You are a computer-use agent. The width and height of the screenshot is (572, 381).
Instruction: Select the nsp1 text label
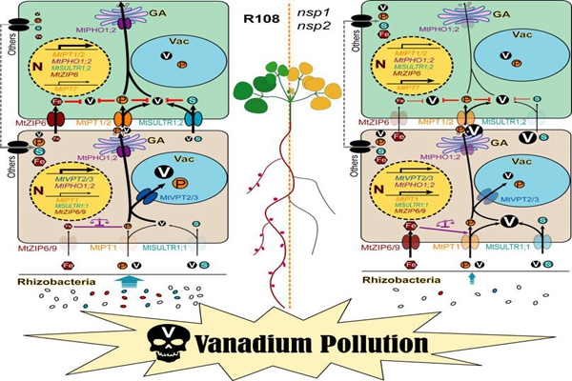click(314, 11)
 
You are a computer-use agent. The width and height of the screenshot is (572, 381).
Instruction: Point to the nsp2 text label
click(314, 27)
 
